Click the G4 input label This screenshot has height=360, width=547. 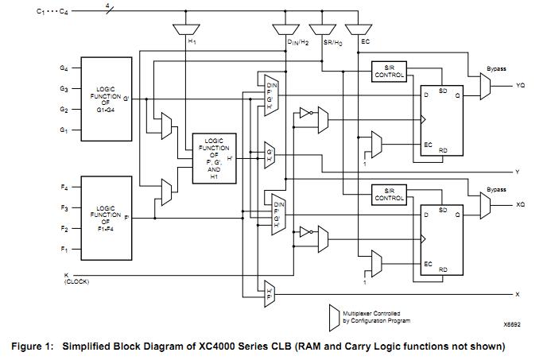click(x=64, y=68)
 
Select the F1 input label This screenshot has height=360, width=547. click(x=64, y=250)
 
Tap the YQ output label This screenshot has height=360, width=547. click(x=520, y=84)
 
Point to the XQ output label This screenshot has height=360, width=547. click(x=520, y=204)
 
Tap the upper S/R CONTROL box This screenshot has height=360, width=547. click(x=389, y=71)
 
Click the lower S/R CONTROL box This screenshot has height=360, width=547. click(x=389, y=194)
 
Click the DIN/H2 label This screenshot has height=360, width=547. click(x=297, y=41)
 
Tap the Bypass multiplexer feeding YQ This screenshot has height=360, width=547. click(x=485, y=86)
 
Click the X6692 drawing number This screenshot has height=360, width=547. click(x=511, y=324)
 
